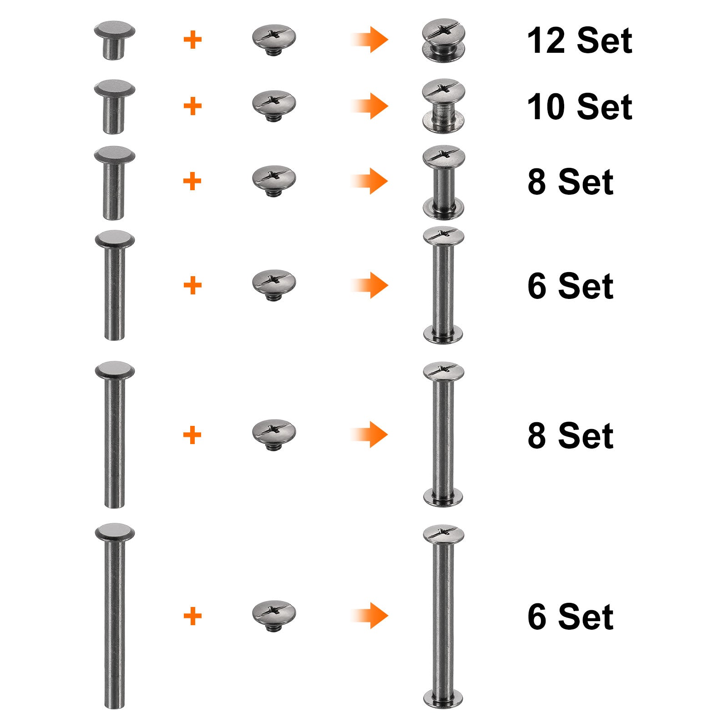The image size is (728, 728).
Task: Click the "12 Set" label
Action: [x=579, y=40]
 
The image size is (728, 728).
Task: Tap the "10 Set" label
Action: [x=579, y=107]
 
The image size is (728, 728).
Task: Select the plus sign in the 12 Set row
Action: [x=192, y=40]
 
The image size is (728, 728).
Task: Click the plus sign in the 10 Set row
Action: [x=192, y=106]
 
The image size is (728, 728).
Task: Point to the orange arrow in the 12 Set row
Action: [x=369, y=40]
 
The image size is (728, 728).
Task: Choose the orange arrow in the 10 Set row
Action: [x=369, y=106]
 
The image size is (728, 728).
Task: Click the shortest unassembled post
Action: [x=115, y=40]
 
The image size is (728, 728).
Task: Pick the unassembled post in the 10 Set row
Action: [x=115, y=106]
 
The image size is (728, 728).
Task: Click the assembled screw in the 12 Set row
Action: [x=444, y=40]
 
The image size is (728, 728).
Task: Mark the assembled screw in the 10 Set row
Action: [x=444, y=106]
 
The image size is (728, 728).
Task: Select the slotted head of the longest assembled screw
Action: [x=444, y=534]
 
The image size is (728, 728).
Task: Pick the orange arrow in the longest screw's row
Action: [x=369, y=616]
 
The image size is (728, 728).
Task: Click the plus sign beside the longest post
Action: [x=192, y=616]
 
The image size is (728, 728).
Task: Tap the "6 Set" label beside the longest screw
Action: [x=571, y=617]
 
